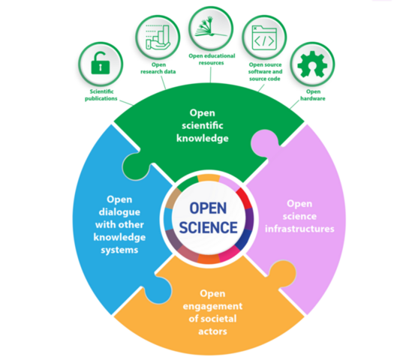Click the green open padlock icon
101,63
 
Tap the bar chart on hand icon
158,37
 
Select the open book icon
211,26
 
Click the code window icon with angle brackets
264,37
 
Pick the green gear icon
312,64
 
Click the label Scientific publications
101,95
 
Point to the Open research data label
158,68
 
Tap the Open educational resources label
212,59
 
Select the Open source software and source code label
265,72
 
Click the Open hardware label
313,95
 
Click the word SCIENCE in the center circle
209,227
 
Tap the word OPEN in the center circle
208,208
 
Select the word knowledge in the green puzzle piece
203,138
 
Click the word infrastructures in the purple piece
299,229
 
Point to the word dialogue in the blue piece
119,212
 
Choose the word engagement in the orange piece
212,306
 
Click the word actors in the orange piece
212,331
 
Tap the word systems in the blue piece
119,250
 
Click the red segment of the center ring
244,199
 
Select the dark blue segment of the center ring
243,239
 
